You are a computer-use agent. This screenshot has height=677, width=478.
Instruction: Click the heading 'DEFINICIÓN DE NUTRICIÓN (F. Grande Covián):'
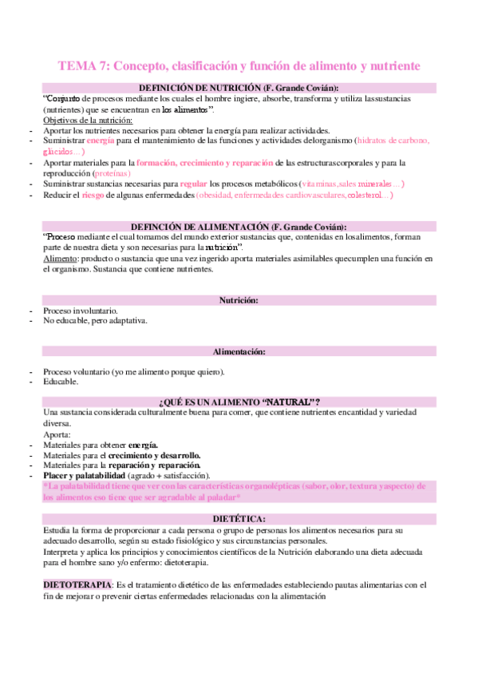pos(239,88)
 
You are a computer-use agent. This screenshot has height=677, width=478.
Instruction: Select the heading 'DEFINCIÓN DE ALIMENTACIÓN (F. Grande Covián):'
pos(239,227)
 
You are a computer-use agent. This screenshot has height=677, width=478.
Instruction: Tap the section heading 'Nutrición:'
pos(239,300)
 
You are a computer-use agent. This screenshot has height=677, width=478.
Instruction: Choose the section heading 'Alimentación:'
pos(239,351)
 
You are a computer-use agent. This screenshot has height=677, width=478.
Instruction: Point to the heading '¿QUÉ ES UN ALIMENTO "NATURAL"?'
pos(239,402)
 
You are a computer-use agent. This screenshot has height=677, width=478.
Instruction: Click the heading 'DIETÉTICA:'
pos(239,497)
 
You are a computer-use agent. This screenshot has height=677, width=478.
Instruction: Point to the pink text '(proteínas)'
pos(113,173)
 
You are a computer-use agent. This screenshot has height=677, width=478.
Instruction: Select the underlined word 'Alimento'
pos(61,259)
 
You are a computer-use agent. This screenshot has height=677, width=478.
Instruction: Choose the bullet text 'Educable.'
pos(61,382)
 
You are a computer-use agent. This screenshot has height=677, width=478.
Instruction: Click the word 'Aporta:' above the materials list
pos(57,434)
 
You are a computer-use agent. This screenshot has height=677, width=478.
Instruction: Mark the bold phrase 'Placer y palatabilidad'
pos(84,476)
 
